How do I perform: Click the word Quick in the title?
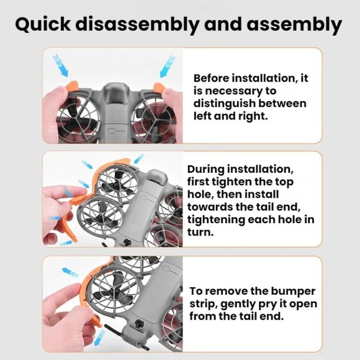point(43,24)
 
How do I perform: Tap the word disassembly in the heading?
point(137,24)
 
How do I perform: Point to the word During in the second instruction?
point(206,169)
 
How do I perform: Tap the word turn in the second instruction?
point(201,232)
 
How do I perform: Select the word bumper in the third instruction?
point(293,291)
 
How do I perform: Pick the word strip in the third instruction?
point(204,304)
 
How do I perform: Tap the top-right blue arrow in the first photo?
point(168,66)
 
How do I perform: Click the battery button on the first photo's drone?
point(111,131)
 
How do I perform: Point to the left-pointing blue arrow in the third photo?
point(70,272)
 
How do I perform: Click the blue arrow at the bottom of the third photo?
point(100,337)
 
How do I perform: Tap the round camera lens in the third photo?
point(139,324)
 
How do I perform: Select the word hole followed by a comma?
point(201,194)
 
